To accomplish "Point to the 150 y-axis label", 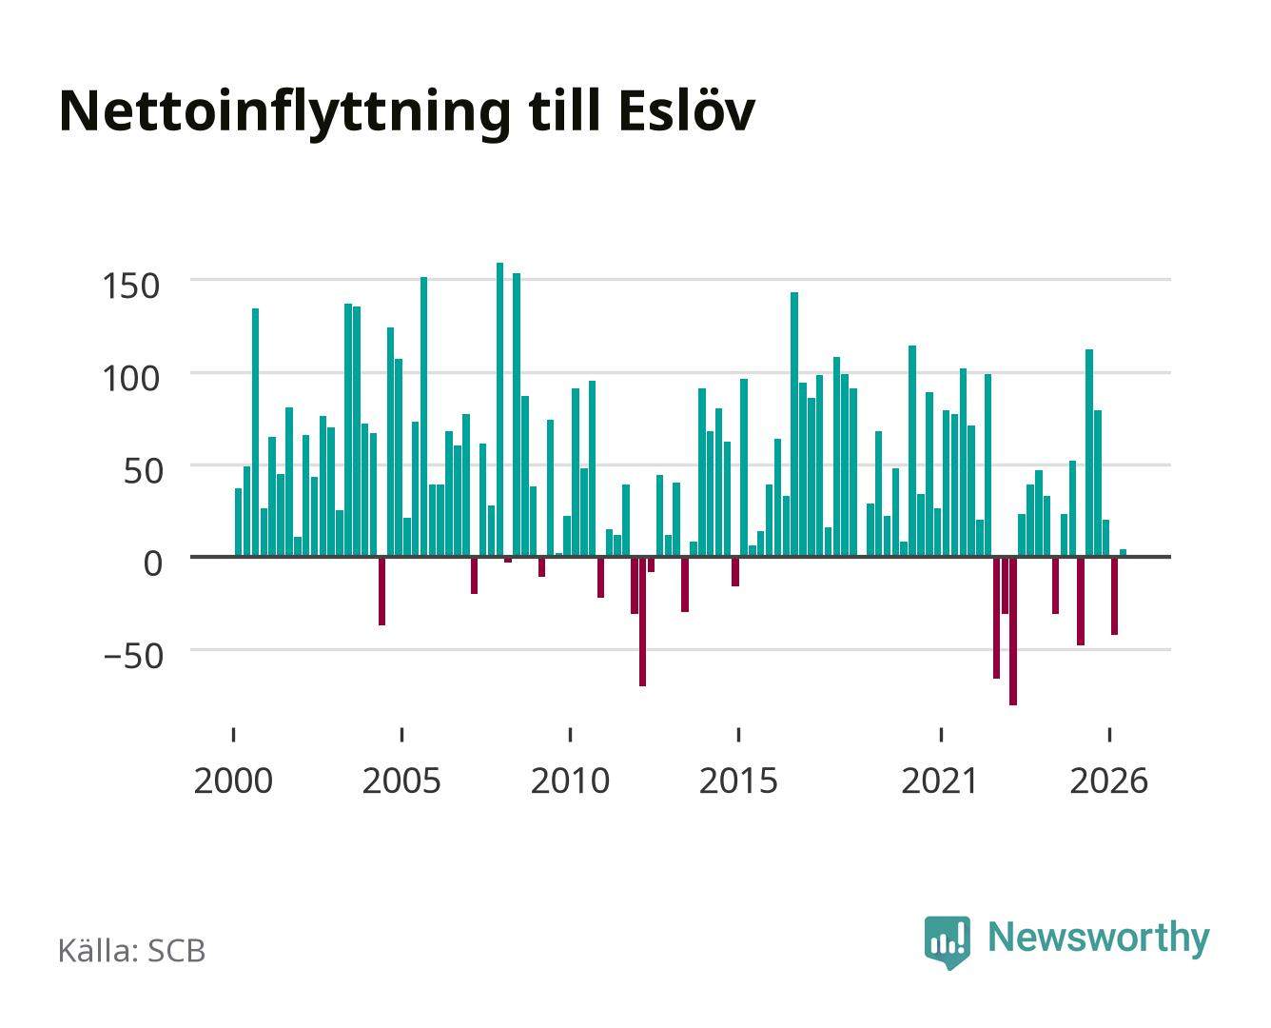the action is pyautogui.click(x=131, y=286).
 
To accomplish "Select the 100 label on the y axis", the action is pyautogui.click(x=131, y=379).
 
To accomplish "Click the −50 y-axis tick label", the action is pyautogui.click(x=133, y=656).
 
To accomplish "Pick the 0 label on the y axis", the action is pyautogui.click(x=153, y=563).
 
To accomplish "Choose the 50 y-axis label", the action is pyautogui.click(x=144, y=471).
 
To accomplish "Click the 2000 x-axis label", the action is pyautogui.click(x=233, y=781).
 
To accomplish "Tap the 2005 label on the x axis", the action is pyautogui.click(x=401, y=781).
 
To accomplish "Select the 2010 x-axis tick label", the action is pyautogui.click(x=570, y=781).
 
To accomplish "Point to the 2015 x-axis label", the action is pyautogui.click(x=738, y=781).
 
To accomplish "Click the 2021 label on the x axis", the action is pyautogui.click(x=939, y=781).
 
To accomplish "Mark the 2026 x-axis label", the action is pyautogui.click(x=1108, y=781).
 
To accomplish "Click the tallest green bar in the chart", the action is pyautogui.click(x=500, y=409).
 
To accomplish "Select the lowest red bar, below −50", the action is pyautogui.click(x=1012, y=631).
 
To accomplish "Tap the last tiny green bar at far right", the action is pyautogui.click(x=1123, y=553).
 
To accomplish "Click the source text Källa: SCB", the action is pyautogui.click(x=131, y=950).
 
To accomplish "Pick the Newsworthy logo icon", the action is pyautogui.click(x=947, y=942).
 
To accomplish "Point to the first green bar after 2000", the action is pyautogui.click(x=238, y=523).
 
